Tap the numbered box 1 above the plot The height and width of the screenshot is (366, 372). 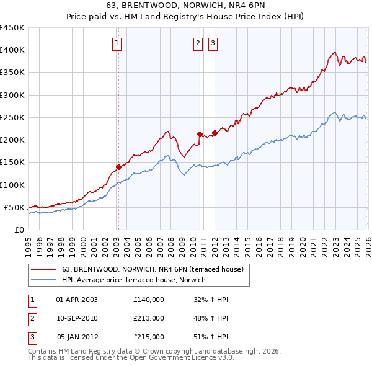point(117,43)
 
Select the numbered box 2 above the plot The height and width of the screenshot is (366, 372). point(198,43)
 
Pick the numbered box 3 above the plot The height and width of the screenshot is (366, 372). point(213,43)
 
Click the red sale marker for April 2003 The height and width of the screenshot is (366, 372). point(118,167)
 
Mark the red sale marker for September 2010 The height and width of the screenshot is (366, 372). point(200,134)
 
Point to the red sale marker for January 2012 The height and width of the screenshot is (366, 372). point(215,133)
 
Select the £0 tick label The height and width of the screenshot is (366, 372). point(19,230)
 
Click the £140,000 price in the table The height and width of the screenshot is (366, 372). point(148,300)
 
